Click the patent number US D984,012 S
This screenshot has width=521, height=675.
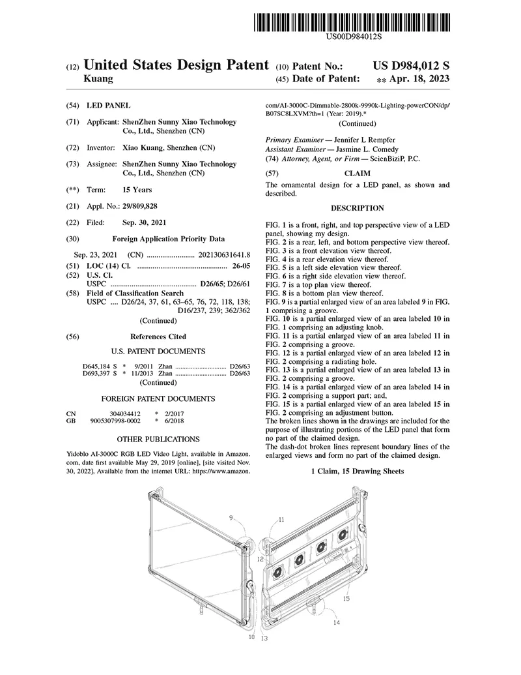click(x=411, y=66)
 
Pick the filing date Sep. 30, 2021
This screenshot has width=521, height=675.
click(x=144, y=223)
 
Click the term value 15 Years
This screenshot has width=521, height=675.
click(x=137, y=190)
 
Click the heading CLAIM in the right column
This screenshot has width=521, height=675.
click(x=357, y=174)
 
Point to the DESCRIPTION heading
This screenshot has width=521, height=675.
click(x=357, y=208)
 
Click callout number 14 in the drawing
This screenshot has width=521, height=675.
click(x=336, y=622)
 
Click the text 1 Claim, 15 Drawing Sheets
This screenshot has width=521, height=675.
click(x=357, y=471)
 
